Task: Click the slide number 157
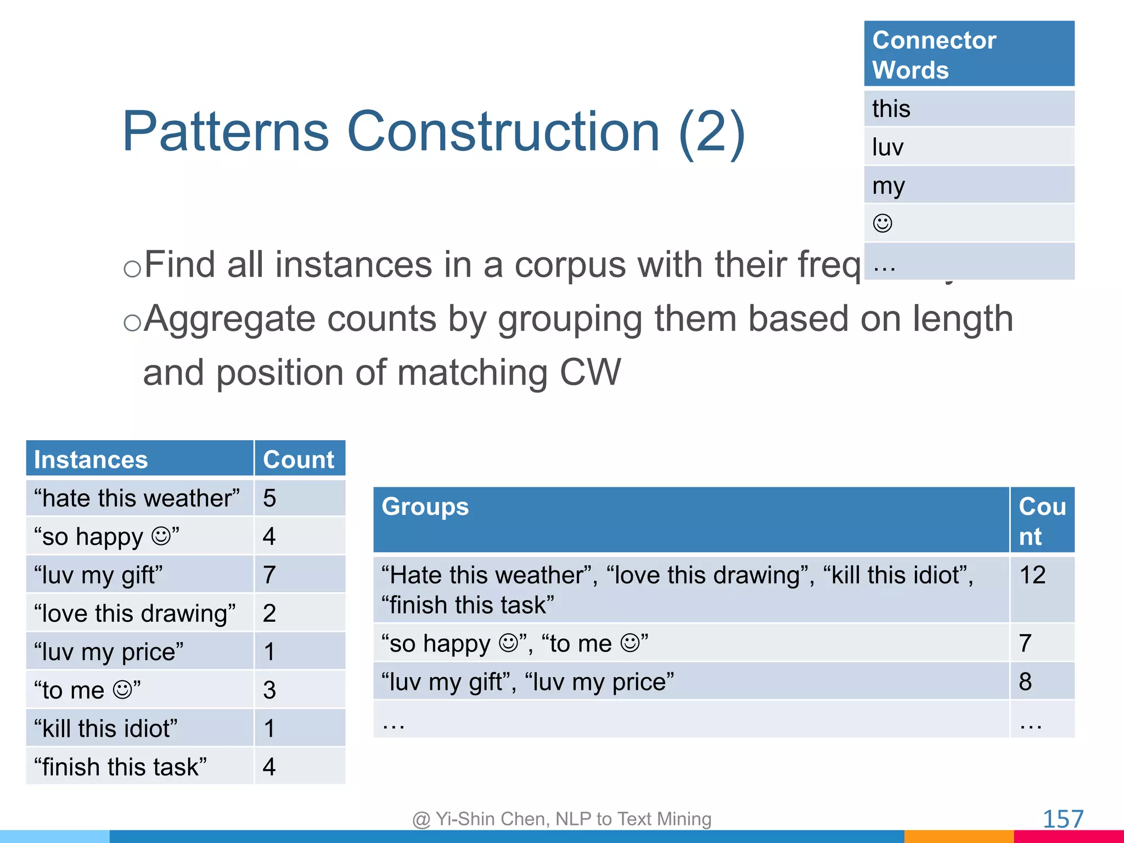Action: [x=1063, y=819]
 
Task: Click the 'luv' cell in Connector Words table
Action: [x=969, y=147]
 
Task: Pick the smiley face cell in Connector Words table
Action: [x=969, y=223]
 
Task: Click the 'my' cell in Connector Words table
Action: [x=969, y=186]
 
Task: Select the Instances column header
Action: [x=139, y=459]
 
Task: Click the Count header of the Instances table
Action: [x=299, y=459]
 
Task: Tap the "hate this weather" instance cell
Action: [x=139, y=498]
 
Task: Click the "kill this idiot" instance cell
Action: [x=139, y=728]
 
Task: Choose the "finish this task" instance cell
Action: [x=139, y=767]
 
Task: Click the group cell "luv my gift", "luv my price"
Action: [x=690, y=682]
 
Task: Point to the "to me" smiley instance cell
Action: [x=139, y=690]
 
